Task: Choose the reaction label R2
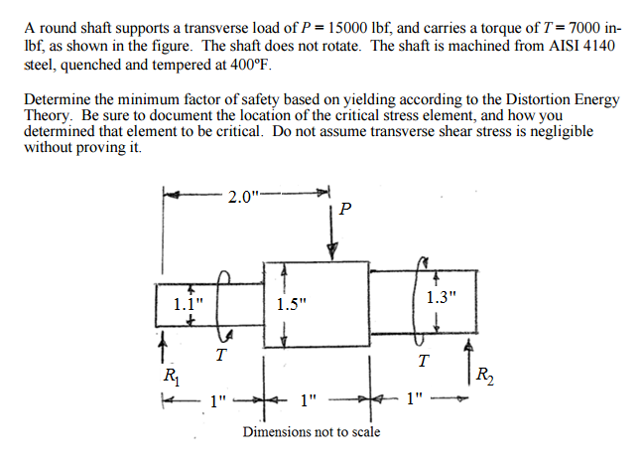tap(483, 377)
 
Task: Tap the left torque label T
tap(221, 354)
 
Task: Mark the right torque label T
tap(425, 359)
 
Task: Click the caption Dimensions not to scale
tap(312, 432)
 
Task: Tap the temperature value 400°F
tap(246, 66)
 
